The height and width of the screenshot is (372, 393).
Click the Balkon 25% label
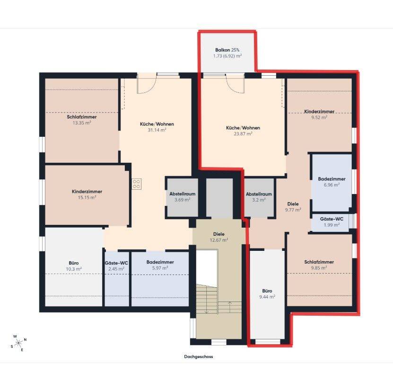click(227, 50)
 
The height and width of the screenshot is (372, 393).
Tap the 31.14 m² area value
click(157, 130)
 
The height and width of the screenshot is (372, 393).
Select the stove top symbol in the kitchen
click(137, 184)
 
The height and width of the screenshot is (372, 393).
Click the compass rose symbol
click(19, 343)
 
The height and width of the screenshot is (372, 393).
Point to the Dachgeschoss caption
click(198, 356)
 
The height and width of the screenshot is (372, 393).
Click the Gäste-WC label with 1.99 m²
click(332, 219)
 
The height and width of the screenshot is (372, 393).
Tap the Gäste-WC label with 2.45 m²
click(116, 263)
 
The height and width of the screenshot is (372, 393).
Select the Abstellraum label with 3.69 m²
click(182, 194)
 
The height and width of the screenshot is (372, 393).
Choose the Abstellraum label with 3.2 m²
click(259, 194)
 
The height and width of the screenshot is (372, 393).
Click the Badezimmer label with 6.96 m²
click(332, 179)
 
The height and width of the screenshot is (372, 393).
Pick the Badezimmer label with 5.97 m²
click(160, 262)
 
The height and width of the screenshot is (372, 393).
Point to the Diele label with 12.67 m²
click(219, 234)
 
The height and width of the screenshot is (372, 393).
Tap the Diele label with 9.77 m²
click(293, 204)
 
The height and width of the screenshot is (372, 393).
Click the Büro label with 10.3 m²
click(74, 263)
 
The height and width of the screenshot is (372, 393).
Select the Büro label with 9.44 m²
click(267, 291)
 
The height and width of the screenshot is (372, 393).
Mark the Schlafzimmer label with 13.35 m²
click(82, 117)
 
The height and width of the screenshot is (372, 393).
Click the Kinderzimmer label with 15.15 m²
click(87, 192)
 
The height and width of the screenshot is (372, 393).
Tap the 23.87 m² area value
click(243, 133)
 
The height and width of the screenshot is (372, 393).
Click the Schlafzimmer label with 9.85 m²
click(319, 262)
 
